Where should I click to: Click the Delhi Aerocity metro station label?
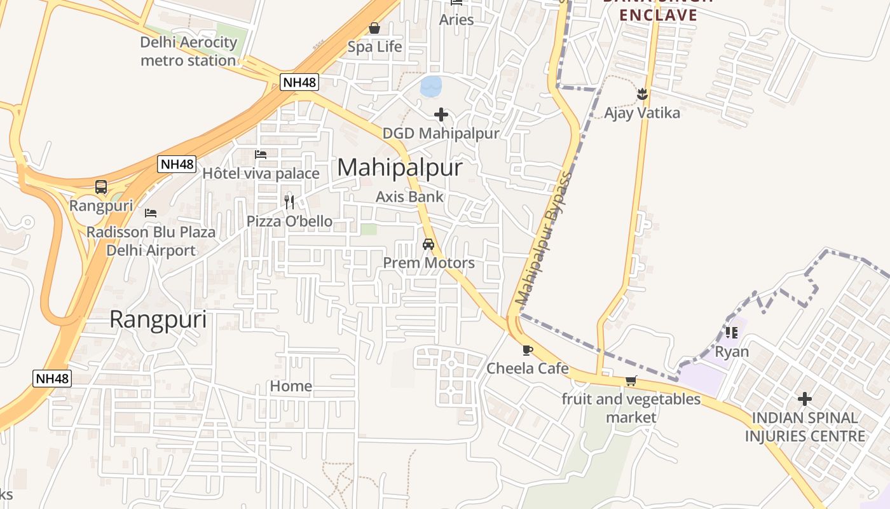pyautogui.click(x=188, y=52)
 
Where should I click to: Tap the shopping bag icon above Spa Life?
pyautogui.click(x=374, y=28)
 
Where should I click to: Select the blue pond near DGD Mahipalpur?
pyautogui.click(x=431, y=87)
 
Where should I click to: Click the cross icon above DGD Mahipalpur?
pyautogui.click(x=441, y=115)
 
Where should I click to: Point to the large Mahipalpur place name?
pyautogui.click(x=400, y=167)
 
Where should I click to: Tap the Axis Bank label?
pyautogui.click(x=409, y=197)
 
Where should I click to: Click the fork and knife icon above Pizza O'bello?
pyautogui.click(x=289, y=202)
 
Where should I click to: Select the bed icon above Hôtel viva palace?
pyautogui.click(x=261, y=154)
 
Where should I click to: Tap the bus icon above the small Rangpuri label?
pyautogui.click(x=101, y=187)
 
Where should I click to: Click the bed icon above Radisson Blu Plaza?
pyautogui.click(x=151, y=213)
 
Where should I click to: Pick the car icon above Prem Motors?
pyautogui.click(x=428, y=244)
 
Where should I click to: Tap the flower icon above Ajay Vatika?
pyautogui.click(x=642, y=94)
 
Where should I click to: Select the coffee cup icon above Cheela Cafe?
pyautogui.click(x=527, y=349)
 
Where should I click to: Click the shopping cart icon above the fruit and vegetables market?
pyautogui.click(x=631, y=380)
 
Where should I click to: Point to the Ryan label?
pyautogui.click(x=732, y=352)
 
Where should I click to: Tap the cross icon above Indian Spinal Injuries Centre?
pyautogui.click(x=805, y=399)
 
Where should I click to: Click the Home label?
pyautogui.click(x=291, y=386)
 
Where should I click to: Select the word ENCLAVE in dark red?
pyautogui.click(x=658, y=15)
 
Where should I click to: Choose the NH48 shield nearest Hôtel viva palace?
pyautogui.click(x=177, y=164)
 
